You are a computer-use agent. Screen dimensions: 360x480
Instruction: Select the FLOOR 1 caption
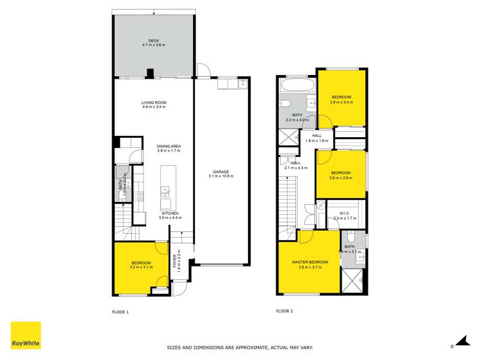(x=120, y=312)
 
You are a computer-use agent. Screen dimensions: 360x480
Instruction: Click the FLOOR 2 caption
(x=285, y=312)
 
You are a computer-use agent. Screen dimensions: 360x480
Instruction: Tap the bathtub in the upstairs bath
(x=298, y=85)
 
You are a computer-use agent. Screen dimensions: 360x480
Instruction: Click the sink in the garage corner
(x=242, y=84)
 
